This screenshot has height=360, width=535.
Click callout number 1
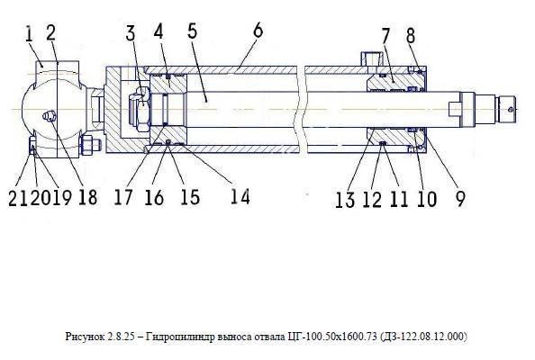[x=30, y=35]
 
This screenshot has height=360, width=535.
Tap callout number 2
[x=50, y=33]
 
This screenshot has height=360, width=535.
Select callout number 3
[x=131, y=33]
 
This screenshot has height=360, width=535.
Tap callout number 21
[x=18, y=198]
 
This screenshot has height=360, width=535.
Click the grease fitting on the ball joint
[x=48, y=116]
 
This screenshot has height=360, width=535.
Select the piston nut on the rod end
[x=140, y=109]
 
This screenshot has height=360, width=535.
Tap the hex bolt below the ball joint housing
[x=90, y=145]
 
